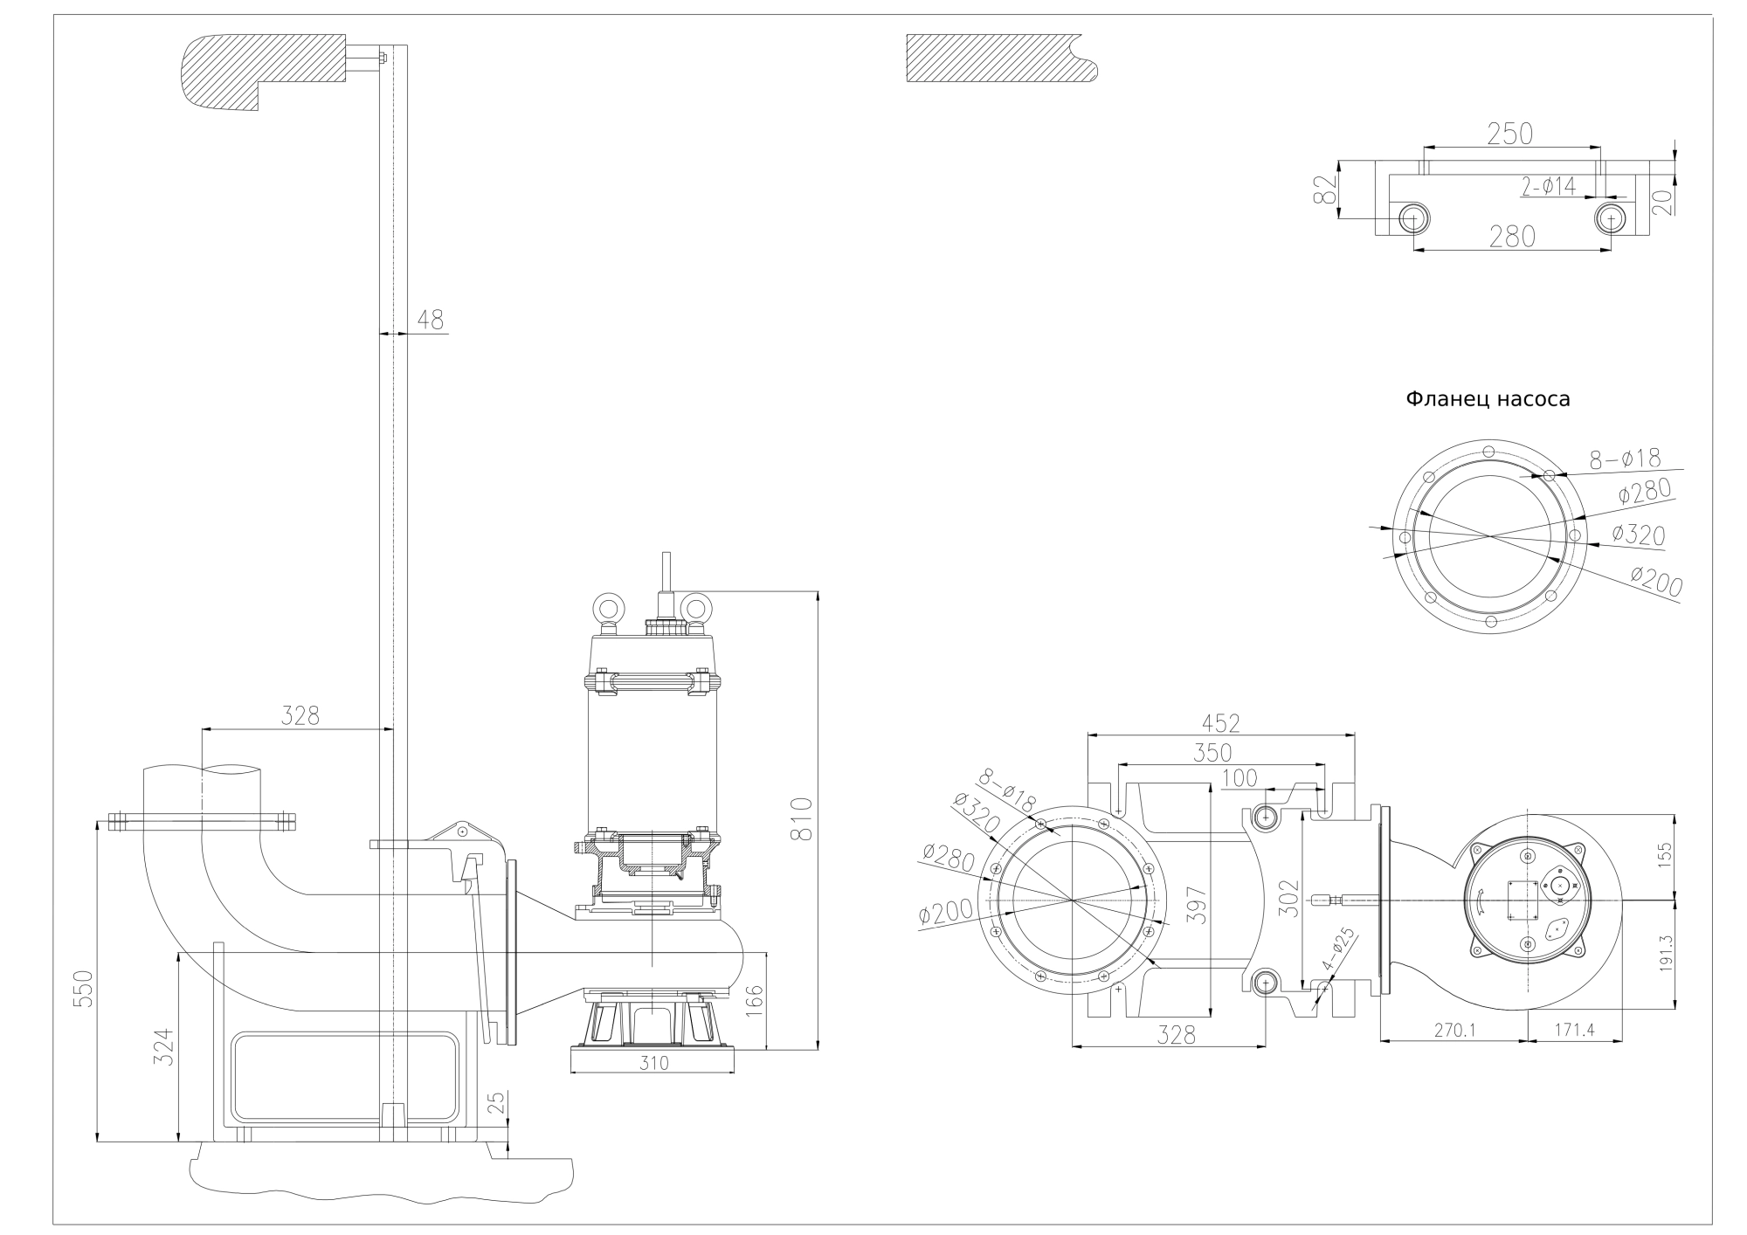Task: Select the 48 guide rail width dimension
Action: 430,321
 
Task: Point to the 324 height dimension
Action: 164,1046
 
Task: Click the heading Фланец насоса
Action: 1488,399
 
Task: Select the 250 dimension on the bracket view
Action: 1509,134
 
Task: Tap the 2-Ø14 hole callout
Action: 1549,185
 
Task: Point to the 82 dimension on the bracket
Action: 1325,190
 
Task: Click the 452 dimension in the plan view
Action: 1220,723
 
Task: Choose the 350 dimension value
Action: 1212,752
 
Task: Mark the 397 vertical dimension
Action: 1196,906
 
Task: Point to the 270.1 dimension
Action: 1454,1031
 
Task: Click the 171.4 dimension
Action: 1574,1031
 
